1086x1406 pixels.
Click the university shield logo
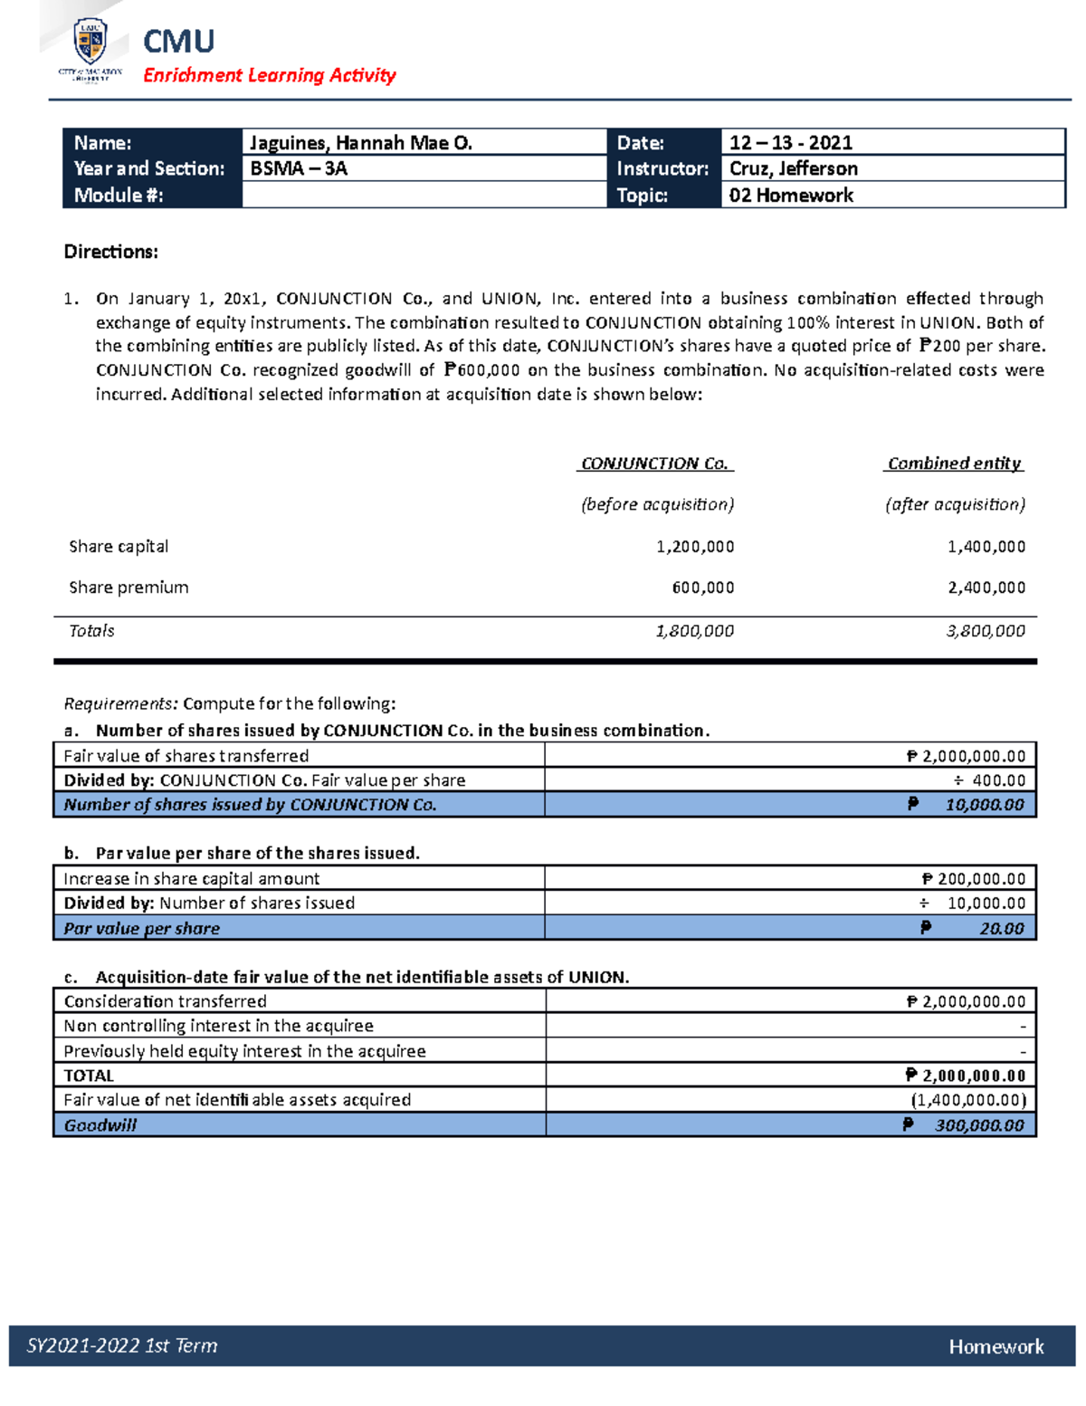tap(90, 42)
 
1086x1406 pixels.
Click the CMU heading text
tap(178, 42)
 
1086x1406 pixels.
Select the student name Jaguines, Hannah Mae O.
tap(360, 143)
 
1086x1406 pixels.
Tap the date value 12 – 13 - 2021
tap(790, 143)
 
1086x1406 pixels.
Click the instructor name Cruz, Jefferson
tap(793, 169)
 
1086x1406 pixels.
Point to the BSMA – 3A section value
tap(298, 169)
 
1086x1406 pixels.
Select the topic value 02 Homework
tap(790, 196)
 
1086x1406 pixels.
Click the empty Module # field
tap(424, 196)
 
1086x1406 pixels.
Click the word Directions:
tap(110, 253)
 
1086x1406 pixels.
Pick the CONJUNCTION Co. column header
tap(655, 464)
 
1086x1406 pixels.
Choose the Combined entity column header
tap(954, 464)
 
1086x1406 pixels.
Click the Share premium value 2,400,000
tap(986, 588)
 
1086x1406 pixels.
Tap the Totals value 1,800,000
tap(694, 631)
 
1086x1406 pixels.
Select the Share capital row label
tap(119, 547)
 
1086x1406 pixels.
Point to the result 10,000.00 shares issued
tap(984, 805)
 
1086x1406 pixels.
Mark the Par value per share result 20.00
tap(1001, 929)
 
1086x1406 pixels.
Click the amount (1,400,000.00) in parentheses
tap(968, 1101)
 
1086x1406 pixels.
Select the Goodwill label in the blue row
tap(100, 1125)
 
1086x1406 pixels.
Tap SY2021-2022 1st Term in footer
tap(122, 1346)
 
